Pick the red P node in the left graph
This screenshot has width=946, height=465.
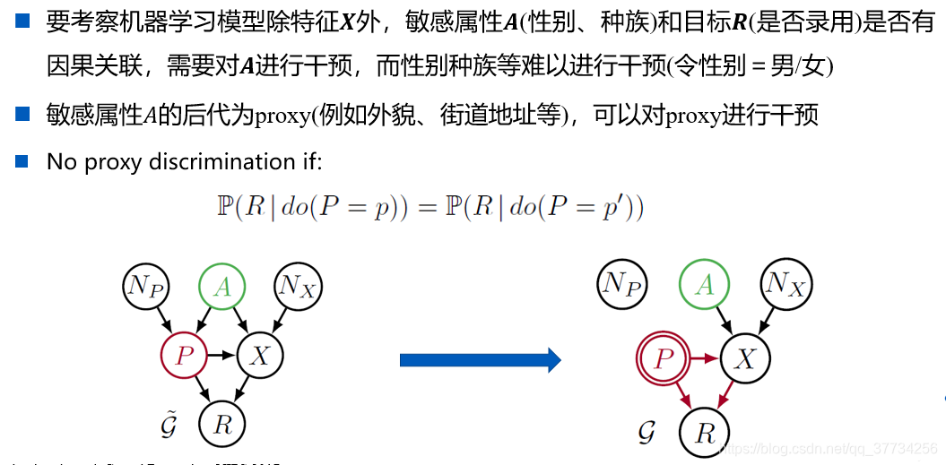tap(184, 356)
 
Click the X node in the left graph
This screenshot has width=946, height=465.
tap(259, 356)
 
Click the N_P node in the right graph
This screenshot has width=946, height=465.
tap(623, 285)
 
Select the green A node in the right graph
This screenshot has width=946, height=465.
tap(704, 285)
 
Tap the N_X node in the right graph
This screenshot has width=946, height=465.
tap(785, 285)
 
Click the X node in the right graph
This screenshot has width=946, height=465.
tap(744, 359)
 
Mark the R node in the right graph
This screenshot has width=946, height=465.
tap(705, 434)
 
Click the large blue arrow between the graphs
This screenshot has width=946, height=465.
tap(480, 360)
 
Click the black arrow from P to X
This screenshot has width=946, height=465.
tap(221, 356)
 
